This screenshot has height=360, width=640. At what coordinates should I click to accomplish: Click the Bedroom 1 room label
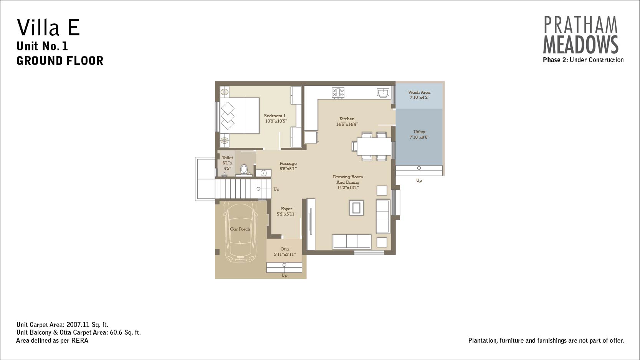point(275,116)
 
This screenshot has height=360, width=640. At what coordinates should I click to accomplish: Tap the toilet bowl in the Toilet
point(244,169)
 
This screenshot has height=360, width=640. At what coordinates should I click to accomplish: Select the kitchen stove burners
point(338,93)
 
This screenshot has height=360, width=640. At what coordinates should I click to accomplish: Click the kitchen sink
point(383,93)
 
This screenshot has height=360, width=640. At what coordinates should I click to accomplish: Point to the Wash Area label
point(419,92)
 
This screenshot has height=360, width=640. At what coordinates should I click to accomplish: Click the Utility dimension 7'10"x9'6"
point(419,137)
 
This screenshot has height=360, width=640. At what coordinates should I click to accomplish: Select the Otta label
point(284,249)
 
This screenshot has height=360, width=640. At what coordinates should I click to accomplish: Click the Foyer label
point(286,209)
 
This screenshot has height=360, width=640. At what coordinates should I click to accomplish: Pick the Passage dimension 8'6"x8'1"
point(288,169)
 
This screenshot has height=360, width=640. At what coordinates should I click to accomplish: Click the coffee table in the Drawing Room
point(356,207)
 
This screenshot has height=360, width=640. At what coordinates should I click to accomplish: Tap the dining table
point(374,146)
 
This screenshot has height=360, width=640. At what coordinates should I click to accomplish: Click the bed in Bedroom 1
point(240,116)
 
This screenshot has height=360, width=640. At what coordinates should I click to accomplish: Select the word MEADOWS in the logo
point(580,45)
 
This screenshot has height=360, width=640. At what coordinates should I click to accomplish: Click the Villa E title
point(48,27)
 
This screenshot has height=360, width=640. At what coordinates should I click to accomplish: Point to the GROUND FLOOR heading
point(60,61)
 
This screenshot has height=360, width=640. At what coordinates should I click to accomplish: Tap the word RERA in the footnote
point(80,340)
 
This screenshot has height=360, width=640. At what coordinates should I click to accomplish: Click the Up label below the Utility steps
point(419,181)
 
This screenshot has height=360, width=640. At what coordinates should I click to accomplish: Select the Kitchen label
point(347,119)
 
